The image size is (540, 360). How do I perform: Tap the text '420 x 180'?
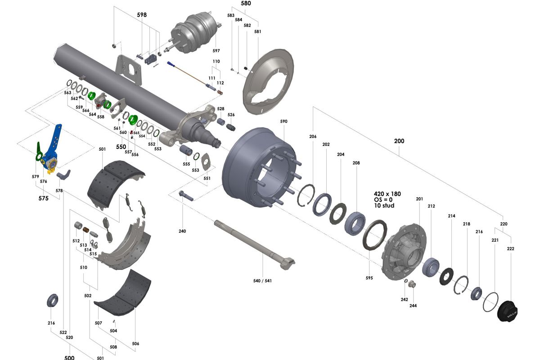(387, 194)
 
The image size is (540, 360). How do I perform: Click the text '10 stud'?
(384, 206)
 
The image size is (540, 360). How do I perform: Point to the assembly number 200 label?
(399, 141)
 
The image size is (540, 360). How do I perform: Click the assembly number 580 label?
(246, 3)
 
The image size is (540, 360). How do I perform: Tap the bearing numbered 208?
(355, 222)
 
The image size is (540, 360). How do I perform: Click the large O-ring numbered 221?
(490, 301)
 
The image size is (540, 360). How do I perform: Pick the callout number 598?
(142, 15)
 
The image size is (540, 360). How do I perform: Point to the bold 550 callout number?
(121, 147)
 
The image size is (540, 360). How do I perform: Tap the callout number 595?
(369, 278)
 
